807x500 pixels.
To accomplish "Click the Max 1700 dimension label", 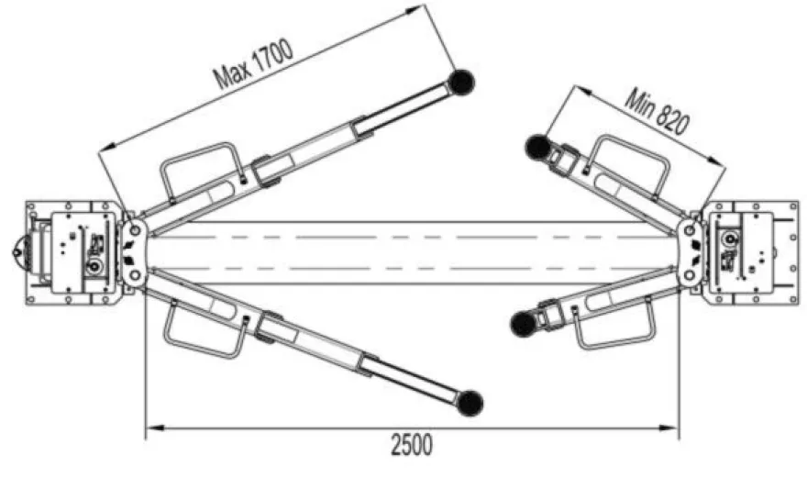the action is point(254,64).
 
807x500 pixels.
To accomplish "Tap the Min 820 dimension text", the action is point(657,112).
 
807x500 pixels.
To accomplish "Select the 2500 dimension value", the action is point(412,445).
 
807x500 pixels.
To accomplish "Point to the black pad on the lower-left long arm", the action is point(470,403).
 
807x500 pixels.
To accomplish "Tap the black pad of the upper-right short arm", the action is point(538,147).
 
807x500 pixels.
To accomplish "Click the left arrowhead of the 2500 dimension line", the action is point(154,428).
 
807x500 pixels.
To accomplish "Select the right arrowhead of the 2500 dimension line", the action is point(669,428).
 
